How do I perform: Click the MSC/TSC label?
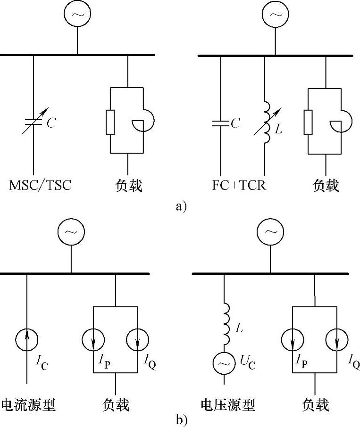tap(40, 185)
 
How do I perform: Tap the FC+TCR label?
tap(239, 185)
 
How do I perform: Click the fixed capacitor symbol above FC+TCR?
tap(220, 123)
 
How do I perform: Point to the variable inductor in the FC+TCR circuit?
tap(265, 123)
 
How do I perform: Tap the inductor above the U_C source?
tap(224, 325)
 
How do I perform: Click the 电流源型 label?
tap(28, 404)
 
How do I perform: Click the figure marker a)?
tap(181, 206)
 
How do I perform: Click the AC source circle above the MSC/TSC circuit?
tap(77, 15)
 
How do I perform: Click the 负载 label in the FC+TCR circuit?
tap(326, 185)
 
